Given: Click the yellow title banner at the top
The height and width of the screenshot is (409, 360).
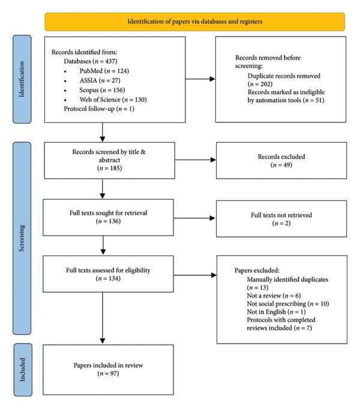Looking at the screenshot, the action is click(195, 22).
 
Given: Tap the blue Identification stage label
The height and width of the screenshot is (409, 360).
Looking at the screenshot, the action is click(22, 79).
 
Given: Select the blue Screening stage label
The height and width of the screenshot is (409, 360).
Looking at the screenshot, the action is click(22, 238).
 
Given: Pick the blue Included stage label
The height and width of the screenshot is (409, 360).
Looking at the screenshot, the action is click(23, 369).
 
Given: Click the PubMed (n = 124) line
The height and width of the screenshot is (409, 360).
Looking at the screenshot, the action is click(104, 71).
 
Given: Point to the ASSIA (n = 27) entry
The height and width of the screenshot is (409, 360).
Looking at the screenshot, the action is click(100, 80).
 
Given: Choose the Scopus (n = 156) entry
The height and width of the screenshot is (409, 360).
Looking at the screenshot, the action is click(102, 90).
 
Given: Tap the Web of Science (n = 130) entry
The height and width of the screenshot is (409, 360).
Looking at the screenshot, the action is click(113, 100).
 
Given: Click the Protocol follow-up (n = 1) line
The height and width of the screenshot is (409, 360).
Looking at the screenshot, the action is click(99, 109).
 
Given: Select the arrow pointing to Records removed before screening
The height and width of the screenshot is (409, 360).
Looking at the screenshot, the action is click(200, 79).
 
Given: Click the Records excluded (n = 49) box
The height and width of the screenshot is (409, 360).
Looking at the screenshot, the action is click(281, 160).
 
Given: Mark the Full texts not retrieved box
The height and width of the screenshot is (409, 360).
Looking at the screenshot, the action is click(281, 218).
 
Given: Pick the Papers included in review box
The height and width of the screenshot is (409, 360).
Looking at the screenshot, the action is click(108, 369).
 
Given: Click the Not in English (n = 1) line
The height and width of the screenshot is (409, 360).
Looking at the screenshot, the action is click(276, 312).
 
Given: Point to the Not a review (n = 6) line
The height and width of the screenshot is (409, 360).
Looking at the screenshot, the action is click(274, 296).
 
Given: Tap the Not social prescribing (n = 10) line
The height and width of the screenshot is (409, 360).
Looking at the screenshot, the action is click(287, 304).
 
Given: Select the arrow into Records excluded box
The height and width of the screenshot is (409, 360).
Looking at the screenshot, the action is click(196, 160).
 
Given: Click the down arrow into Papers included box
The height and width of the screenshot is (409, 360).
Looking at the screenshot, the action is click(103, 318).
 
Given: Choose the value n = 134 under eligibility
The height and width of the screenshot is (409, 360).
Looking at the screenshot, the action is click(108, 279).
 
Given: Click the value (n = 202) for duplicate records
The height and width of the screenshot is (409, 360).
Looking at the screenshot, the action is click(260, 84).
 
